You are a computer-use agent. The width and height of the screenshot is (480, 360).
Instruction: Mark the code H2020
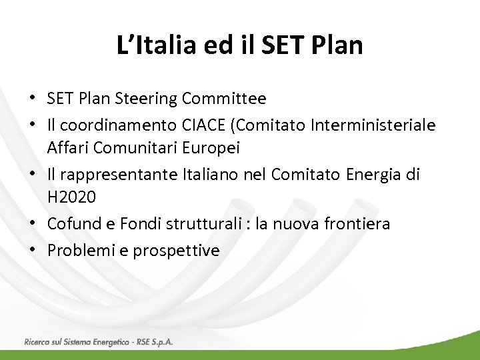[x=71, y=198]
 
